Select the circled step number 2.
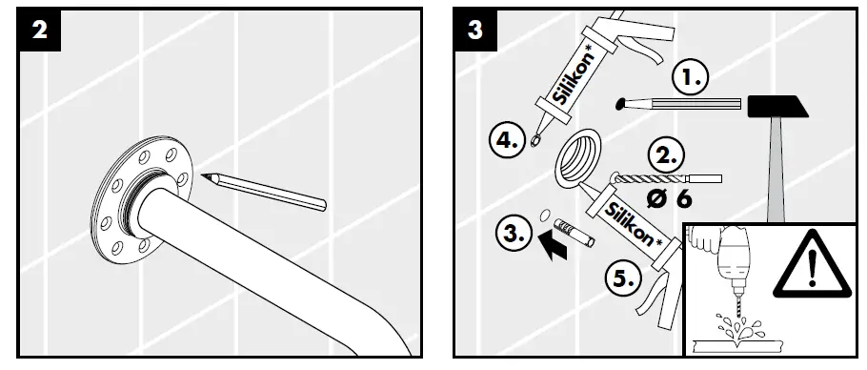click(667, 155)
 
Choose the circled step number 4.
click(508, 141)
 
